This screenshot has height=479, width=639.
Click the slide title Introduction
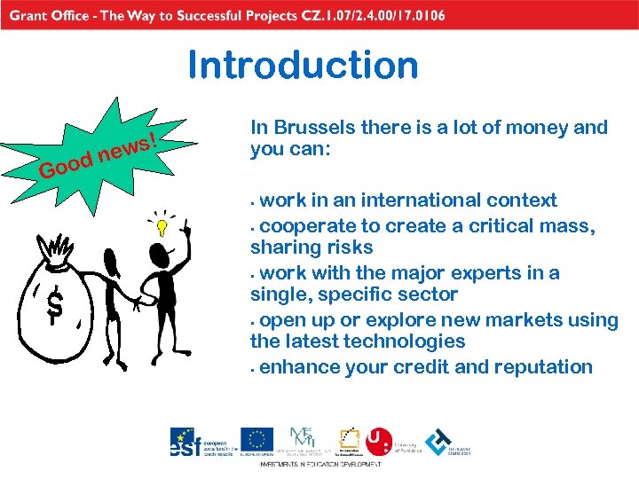tap(303, 66)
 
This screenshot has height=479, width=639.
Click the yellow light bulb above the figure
tap(162, 226)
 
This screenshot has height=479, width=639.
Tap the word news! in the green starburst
tap(130, 147)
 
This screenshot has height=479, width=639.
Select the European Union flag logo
tap(257, 440)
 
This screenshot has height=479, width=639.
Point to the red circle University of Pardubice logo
tap(379, 441)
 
